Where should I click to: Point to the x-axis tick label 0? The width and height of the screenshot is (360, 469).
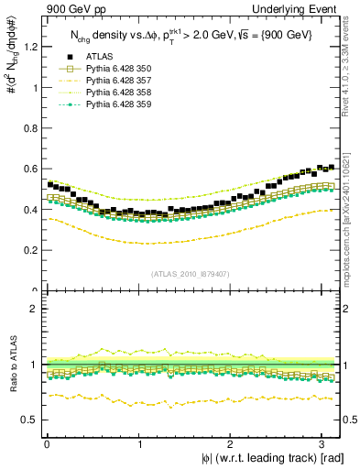pos(47,443)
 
